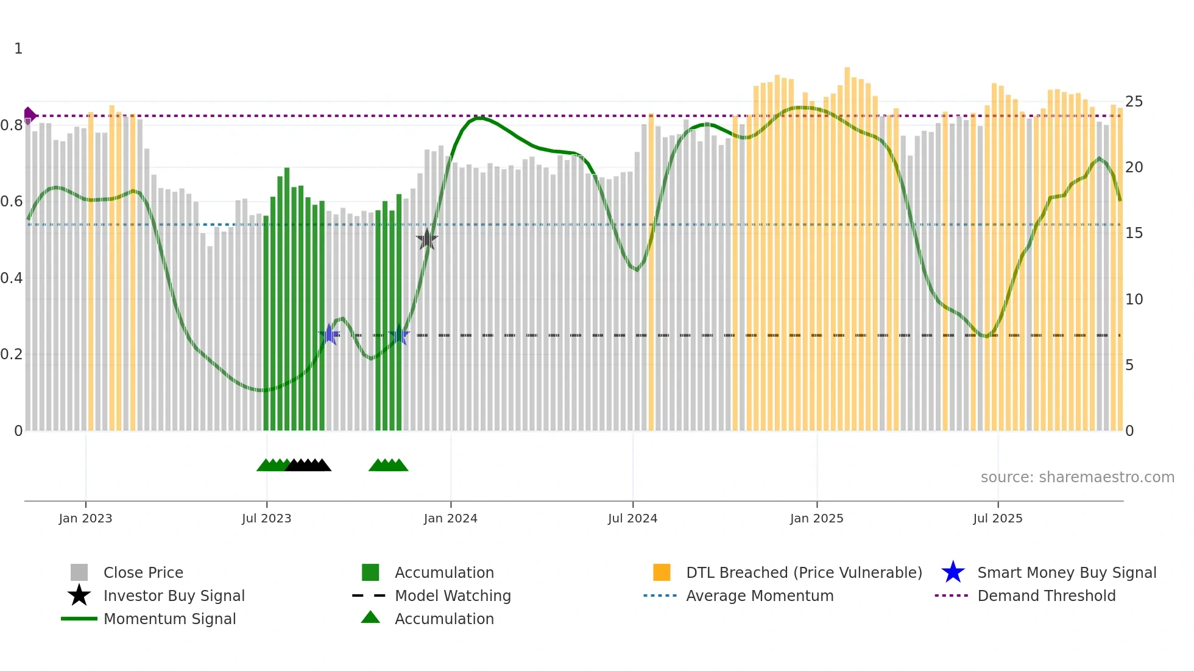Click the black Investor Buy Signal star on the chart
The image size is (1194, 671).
pyautogui.click(x=427, y=240)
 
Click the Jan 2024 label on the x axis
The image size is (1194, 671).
pyautogui.click(x=450, y=518)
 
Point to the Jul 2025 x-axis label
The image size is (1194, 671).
pyautogui.click(x=997, y=518)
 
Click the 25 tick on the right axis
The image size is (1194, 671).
pyautogui.click(x=1134, y=102)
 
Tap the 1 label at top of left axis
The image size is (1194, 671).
pyautogui.click(x=18, y=49)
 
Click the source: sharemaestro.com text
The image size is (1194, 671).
pyautogui.click(x=1077, y=477)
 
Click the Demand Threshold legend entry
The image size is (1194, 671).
pyautogui.click(x=1046, y=595)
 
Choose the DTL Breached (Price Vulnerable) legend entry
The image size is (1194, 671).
pyautogui.click(x=804, y=572)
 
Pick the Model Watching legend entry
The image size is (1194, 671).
pyautogui.click(x=452, y=595)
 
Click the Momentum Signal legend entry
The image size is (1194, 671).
pyautogui.click(x=169, y=619)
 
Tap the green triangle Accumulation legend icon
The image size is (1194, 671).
pyautogui.click(x=370, y=617)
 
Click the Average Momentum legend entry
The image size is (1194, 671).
pyautogui.click(x=759, y=595)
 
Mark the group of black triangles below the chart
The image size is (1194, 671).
pyautogui.click(x=308, y=465)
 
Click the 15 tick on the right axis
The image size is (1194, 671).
pyautogui.click(x=1134, y=233)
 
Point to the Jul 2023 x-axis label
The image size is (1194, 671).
pyautogui.click(x=266, y=518)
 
